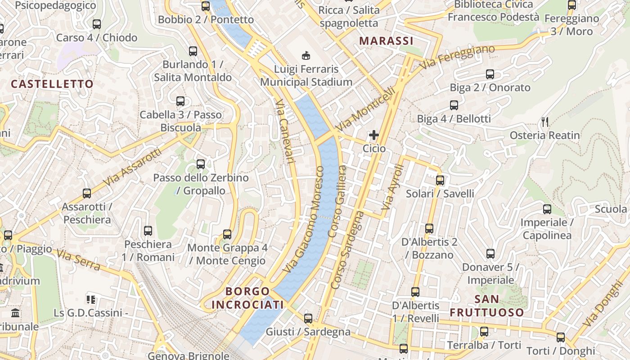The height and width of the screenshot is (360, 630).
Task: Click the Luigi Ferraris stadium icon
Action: (306, 55)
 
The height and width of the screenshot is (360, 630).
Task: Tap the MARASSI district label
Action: (386, 41)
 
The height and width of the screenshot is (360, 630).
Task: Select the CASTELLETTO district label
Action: (52, 84)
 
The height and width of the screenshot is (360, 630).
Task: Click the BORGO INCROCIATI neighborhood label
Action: (247, 298)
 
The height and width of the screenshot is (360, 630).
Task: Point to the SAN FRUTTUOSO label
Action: (487, 306)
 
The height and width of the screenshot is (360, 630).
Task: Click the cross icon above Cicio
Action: (374, 135)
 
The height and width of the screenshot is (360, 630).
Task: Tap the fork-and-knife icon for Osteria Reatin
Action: (545, 121)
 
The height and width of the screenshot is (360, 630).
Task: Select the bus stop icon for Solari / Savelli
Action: (440, 180)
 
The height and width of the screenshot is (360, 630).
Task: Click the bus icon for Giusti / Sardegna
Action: (308, 319)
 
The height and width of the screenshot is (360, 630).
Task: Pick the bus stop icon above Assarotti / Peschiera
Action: (87, 193)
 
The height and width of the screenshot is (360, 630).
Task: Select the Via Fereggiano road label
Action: (457, 57)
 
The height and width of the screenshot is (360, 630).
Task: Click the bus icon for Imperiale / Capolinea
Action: (547, 209)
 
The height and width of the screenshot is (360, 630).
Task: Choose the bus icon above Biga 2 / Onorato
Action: (490, 74)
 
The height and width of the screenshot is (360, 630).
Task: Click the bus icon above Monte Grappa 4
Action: (227, 234)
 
